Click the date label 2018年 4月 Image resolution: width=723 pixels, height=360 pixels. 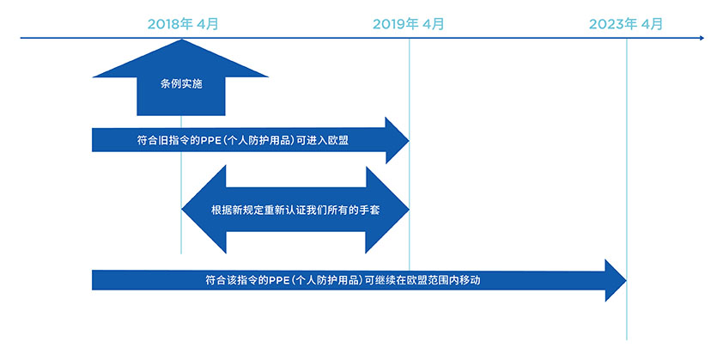(183, 24)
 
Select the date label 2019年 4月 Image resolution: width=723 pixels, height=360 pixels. (408, 24)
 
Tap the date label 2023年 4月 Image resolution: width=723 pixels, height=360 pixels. (626, 24)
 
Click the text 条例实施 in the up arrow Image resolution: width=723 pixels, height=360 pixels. (181, 85)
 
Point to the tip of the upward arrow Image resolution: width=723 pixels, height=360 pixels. (183, 40)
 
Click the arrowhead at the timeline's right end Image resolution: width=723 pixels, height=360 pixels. (702, 38)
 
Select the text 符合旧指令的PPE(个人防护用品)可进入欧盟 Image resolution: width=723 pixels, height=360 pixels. (242, 140)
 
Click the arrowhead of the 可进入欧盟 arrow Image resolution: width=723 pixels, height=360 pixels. (397, 140)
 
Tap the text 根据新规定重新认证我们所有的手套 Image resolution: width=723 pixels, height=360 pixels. (295, 210)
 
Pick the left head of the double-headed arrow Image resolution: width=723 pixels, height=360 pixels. (204, 210)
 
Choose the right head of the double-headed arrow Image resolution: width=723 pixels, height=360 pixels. (387, 210)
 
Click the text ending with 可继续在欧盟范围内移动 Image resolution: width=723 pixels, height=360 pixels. (343, 280)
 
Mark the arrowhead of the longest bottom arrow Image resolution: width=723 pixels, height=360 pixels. (616, 281)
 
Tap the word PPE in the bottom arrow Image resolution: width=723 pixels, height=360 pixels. (279, 280)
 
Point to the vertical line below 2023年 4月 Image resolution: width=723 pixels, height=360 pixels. (627, 189)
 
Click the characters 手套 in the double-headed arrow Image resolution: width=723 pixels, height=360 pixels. (370, 210)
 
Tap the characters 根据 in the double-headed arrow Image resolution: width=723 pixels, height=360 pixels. (221, 210)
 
